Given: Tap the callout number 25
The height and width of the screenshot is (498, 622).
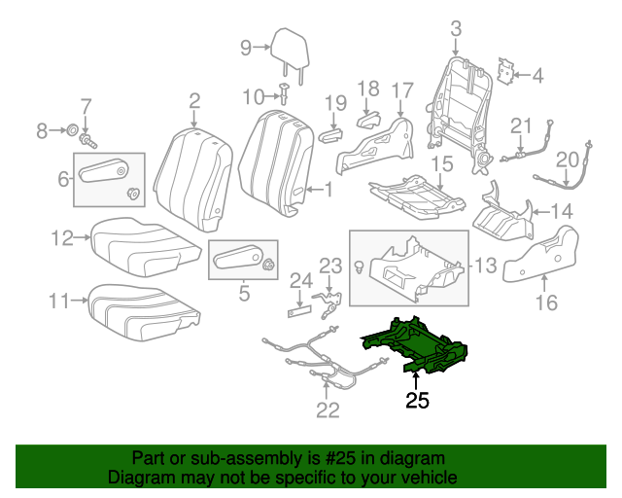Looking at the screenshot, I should pyautogui.click(x=417, y=399).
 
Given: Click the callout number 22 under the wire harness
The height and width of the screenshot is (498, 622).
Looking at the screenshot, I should pyautogui.click(x=328, y=409).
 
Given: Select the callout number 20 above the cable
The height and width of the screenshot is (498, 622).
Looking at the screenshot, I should pyautogui.click(x=567, y=159).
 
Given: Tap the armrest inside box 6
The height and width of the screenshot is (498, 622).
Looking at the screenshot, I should pyautogui.click(x=105, y=174).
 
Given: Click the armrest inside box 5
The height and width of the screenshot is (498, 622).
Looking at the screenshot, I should pyautogui.click(x=236, y=258).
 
